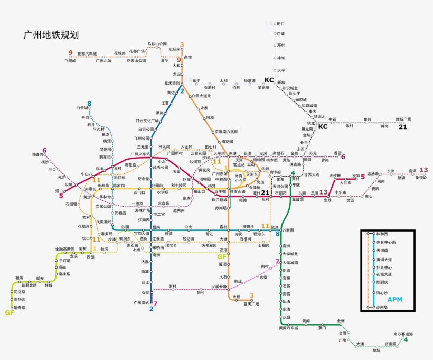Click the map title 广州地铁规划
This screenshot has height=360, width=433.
51,35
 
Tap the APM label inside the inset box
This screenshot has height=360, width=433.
394,300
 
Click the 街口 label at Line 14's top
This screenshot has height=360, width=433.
281,24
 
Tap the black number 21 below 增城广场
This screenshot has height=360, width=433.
403,127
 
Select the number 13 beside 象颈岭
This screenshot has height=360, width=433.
423,170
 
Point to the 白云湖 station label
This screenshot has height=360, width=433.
80,108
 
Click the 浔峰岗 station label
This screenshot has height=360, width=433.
36,154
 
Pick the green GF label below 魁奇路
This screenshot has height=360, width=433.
9,312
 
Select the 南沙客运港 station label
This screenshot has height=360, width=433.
403,334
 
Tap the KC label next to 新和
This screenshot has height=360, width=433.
269,80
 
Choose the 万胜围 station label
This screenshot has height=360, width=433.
288,230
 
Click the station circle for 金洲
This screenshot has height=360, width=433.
341,321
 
